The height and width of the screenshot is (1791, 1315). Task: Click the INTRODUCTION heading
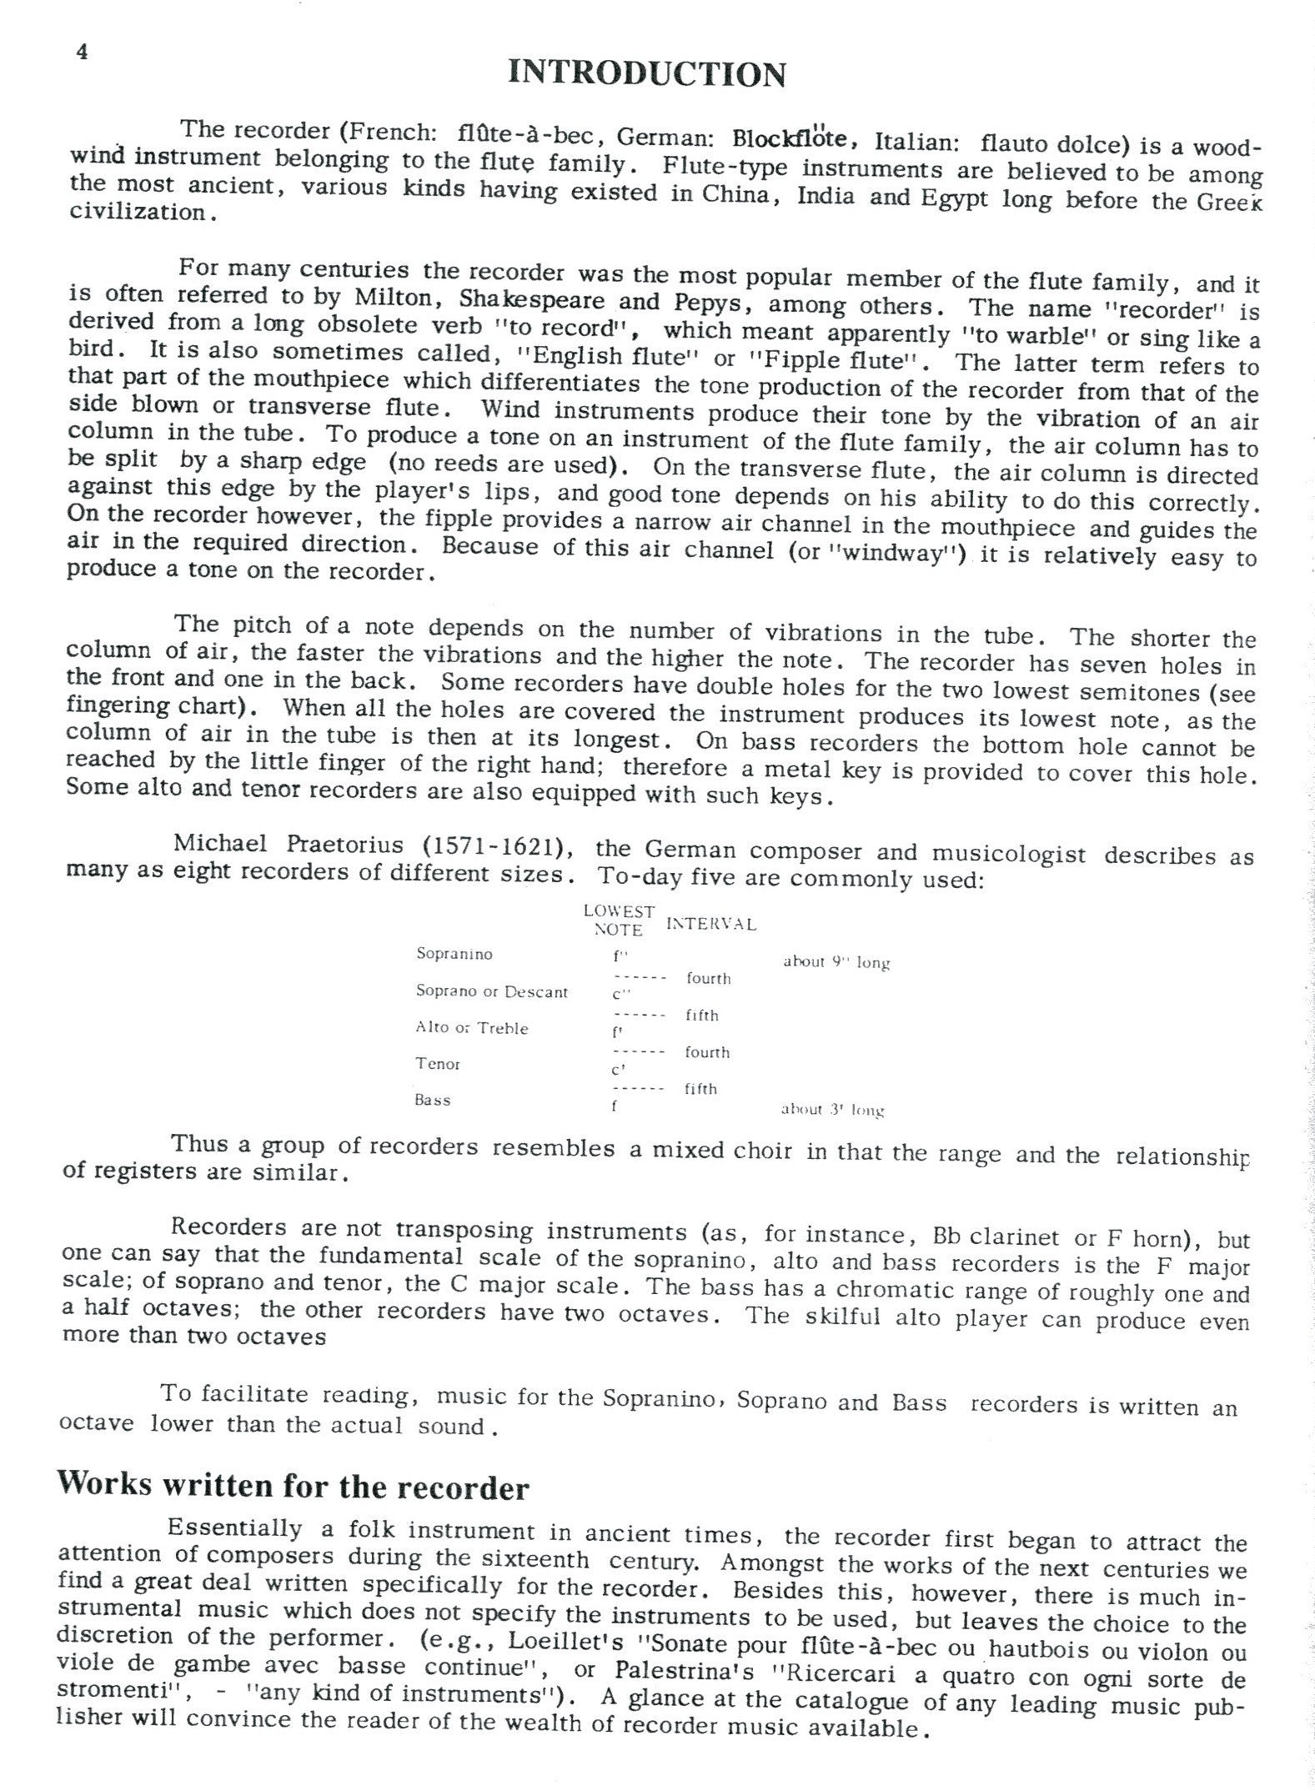pyautogui.click(x=646, y=74)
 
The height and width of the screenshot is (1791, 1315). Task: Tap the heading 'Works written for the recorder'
pyautogui.click(x=293, y=1487)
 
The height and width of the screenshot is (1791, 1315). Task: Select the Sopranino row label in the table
pyautogui.click(x=454, y=954)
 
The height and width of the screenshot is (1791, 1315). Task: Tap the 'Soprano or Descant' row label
pyautogui.click(x=492, y=991)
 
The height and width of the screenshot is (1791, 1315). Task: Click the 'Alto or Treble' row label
pyautogui.click(x=472, y=1028)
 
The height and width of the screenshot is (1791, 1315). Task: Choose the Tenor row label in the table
pyautogui.click(x=438, y=1064)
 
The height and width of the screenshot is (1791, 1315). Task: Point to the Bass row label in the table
pyautogui.click(x=433, y=1100)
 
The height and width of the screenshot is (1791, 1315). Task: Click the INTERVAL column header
pyautogui.click(x=711, y=924)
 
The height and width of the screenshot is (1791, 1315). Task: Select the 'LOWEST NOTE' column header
pyautogui.click(x=619, y=921)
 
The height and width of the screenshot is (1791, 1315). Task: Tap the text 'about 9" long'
pyautogui.click(x=836, y=961)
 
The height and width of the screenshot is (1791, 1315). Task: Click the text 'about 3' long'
pyautogui.click(x=832, y=1109)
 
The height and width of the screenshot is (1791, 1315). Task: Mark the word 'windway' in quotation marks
pyautogui.click(x=921, y=554)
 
